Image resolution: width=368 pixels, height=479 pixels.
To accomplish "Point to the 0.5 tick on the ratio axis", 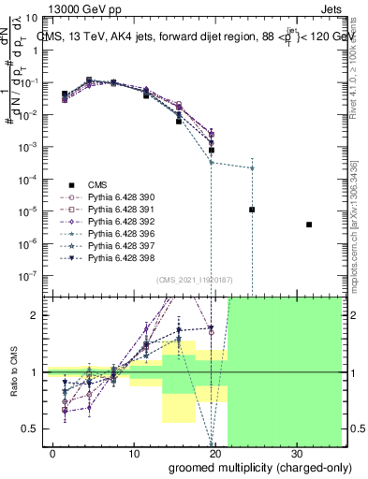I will pyautogui.click(x=36, y=428).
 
